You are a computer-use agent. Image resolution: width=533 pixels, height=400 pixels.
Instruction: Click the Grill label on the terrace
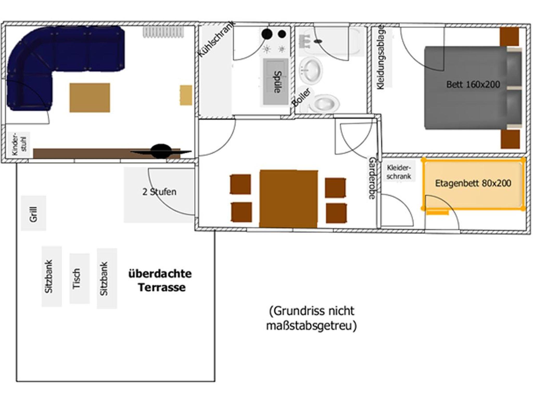[x=34, y=214]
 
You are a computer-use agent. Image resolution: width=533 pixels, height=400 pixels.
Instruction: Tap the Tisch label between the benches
[x=76, y=279]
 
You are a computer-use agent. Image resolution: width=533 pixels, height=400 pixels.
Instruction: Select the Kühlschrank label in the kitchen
[x=217, y=40]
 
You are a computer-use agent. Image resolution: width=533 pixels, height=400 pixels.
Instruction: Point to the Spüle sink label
[x=277, y=82]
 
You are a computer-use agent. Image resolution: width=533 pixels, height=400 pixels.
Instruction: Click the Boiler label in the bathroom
[x=301, y=97]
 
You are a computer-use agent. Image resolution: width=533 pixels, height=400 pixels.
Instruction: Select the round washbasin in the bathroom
[x=311, y=70]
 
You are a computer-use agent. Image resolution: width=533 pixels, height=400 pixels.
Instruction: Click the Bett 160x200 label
[x=473, y=85]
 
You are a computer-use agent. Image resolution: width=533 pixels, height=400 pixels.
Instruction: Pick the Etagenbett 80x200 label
[x=473, y=183]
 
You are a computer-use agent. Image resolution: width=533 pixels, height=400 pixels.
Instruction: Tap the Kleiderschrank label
[x=399, y=172]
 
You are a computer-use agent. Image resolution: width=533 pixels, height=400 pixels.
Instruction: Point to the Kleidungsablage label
[x=380, y=57]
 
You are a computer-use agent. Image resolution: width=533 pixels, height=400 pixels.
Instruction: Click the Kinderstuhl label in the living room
[x=19, y=144]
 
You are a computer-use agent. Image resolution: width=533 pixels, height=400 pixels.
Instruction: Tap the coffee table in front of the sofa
[x=90, y=98]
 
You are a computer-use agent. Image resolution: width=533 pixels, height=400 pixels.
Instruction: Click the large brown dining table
[x=289, y=199]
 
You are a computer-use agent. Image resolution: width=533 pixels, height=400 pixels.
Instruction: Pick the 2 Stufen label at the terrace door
[x=159, y=192]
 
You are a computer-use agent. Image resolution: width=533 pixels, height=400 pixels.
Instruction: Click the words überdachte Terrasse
[x=160, y=280]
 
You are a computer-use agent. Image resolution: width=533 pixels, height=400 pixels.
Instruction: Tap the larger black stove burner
[x=267, y=34]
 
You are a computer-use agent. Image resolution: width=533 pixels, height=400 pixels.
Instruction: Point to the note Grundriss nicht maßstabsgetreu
[x=311, y=318]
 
